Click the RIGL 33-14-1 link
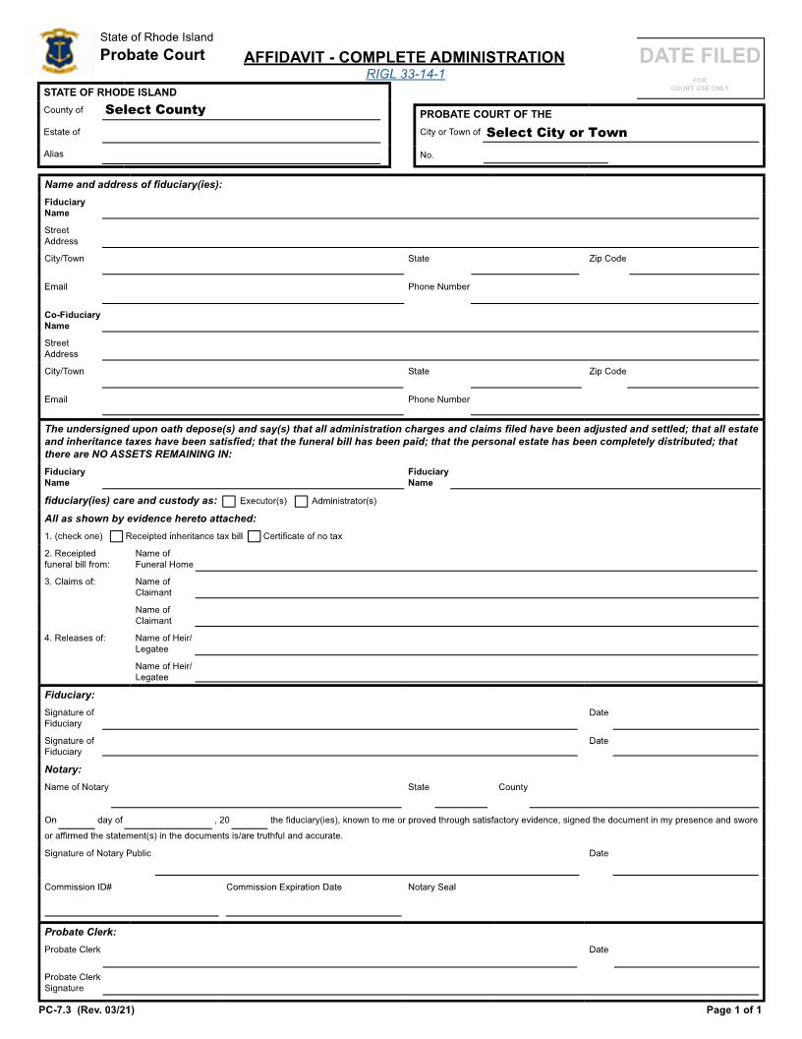(405, 75)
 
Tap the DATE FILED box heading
(700, 56)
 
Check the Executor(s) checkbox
(229, 502)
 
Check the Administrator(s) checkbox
(301, 502)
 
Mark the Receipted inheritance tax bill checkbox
(117, 536)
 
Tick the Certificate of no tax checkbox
(255, 536)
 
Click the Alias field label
(54, 153)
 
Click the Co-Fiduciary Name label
(71, 320)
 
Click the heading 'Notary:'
(63, 769)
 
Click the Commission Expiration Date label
(284, 887)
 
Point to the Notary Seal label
(431, 887)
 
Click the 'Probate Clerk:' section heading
(81, 932)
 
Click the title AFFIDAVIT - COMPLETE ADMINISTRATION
(404, 57)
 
